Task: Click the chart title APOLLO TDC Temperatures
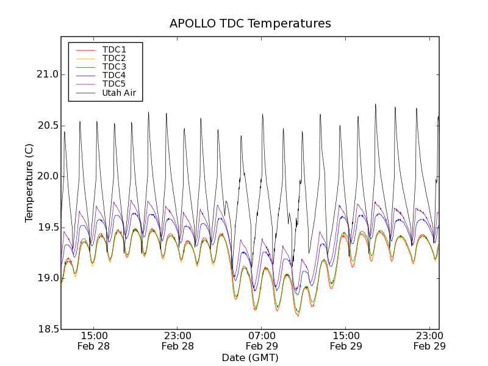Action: coord(250,24)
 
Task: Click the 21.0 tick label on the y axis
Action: coord(46,74)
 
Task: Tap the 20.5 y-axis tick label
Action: coord(46,126)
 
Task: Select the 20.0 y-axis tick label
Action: coord(46,176)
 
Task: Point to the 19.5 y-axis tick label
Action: coord(46,228)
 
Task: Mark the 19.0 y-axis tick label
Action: coord(46,278)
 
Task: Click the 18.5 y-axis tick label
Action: coord(46,329)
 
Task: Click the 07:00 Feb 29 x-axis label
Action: coord(262,341)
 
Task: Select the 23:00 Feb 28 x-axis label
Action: coord(178,341)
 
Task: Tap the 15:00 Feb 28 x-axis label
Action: coord(94,341)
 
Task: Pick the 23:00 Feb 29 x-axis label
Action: coord(429,341)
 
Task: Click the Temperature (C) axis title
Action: coord(29,183)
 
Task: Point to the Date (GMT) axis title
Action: coord(250,357)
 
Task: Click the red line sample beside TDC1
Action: coord(85,49)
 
